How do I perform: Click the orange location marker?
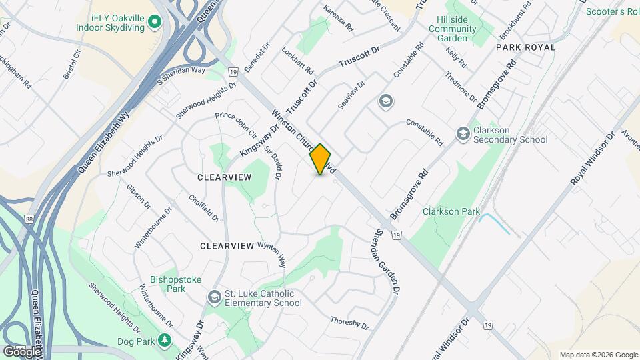tap(321, 159)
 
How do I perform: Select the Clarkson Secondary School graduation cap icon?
tap(463, 135)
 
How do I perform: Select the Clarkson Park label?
tap(451, 211)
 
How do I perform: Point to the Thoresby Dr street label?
tap(349, 323)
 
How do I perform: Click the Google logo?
tap(22, 351)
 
